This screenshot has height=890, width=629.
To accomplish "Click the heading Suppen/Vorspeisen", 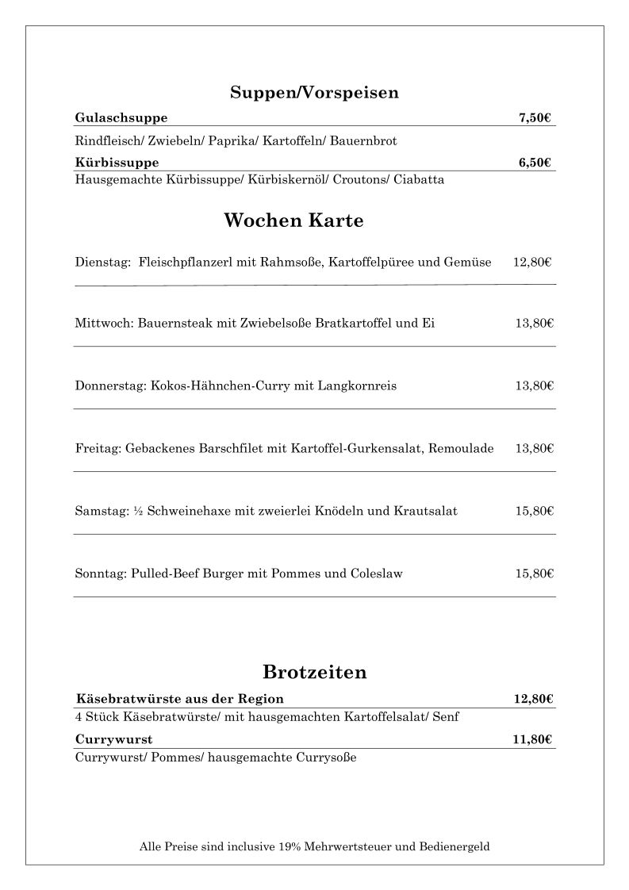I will (314, 93).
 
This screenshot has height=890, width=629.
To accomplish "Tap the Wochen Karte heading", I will (293, 221).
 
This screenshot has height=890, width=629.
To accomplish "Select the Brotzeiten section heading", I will (314, 673).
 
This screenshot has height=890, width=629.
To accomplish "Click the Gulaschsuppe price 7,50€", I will (535, 118).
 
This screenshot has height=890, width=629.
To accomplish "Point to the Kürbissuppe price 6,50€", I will (535, 163).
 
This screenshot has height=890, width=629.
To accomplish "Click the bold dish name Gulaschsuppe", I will (121, 118).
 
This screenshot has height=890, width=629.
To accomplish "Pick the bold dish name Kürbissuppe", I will (117, 163).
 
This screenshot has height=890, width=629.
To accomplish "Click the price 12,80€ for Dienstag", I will (532, 262).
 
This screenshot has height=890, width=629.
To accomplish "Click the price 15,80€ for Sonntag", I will (534, 574).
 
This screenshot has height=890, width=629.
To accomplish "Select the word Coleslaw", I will (376, 574).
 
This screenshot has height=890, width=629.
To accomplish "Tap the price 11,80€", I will (532, 740).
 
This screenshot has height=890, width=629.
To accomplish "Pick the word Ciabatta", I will (418, 179).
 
